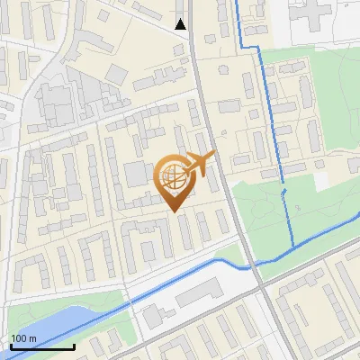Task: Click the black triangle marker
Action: [181, 23]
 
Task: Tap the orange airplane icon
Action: [199, 165]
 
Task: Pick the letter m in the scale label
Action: [32, 337]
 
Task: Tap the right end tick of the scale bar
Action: [73, 346]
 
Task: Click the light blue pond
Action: [36, 325]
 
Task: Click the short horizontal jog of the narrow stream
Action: [253, 44]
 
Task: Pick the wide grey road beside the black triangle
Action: [195, 54]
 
